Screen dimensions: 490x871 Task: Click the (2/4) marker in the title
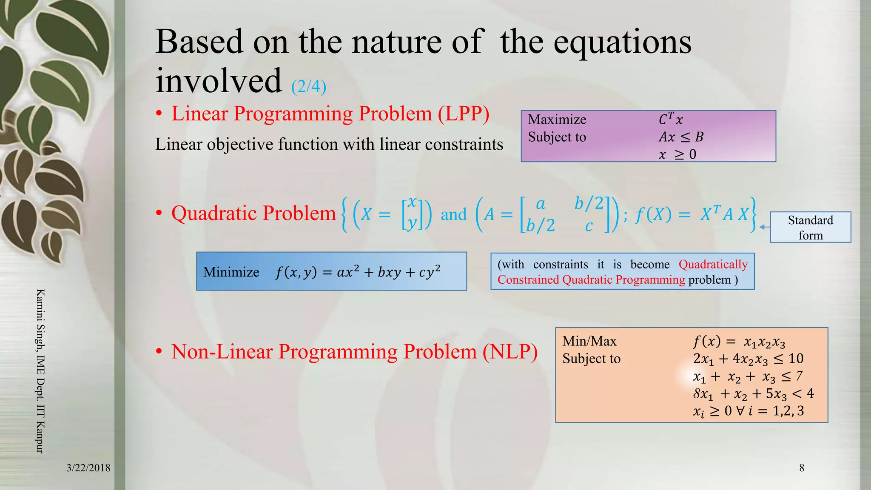(x=308, y=86)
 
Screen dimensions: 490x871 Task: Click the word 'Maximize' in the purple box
(x=557, y=120)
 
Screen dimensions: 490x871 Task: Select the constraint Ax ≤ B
(x=681, y=137)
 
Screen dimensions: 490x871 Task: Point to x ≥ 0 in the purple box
(x=677, y=154)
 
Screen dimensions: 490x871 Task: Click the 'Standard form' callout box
(x=810, y=228)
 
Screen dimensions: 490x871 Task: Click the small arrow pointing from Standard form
(x=764, y=227)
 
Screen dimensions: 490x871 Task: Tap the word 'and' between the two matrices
(x=453, y=214)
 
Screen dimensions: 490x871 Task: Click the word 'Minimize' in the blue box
(x=231, y=272)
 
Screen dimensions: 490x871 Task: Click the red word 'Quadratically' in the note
(x=713, y=265)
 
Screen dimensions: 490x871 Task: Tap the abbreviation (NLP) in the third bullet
(x=510, y=352)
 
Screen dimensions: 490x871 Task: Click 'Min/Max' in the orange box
(x=589, y=341)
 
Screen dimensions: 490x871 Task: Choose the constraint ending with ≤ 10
(x=748, y=359)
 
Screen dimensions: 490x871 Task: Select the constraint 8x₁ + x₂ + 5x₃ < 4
(x=753, y=394)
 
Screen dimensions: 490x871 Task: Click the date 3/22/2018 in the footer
(x=88, y=468)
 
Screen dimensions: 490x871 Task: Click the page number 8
(x=801, y=468)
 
